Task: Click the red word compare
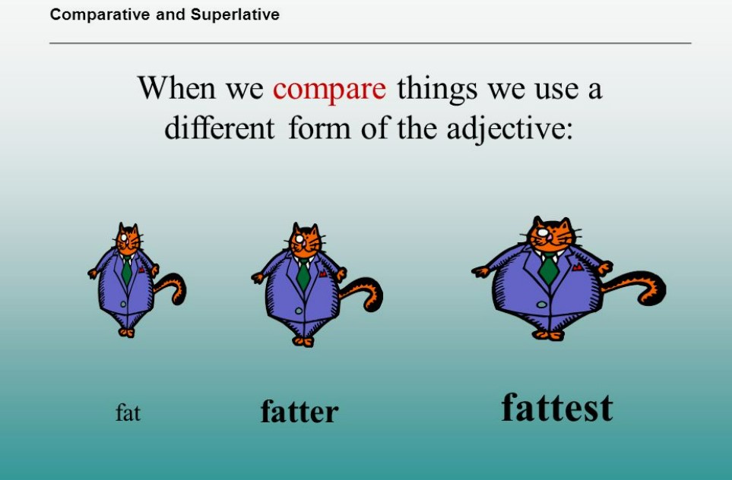(x=329, y=89)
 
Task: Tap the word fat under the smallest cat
(x=128, y=413)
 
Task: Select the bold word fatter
(x=299, y=412)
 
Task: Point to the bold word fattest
(x=557, y=408)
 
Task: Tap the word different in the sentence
(x=219, y=128)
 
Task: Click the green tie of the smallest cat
(x=126, y=270)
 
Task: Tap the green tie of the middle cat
(x=303, y=274)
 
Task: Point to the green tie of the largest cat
(x=549, y=269)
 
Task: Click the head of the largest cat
(x=551, y=235)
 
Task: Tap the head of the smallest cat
(x=128, y=238)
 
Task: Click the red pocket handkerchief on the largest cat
(x=578, y=267)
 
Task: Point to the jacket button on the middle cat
(x=299, y=311)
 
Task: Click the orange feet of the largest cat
(x=549, y=335)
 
